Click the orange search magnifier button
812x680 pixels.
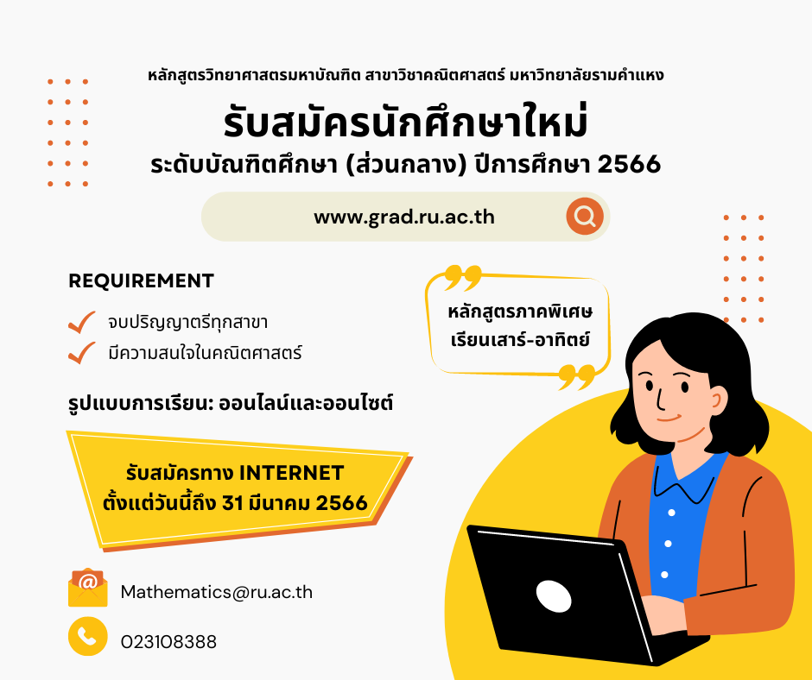pyautogui.click(x=585, y=217)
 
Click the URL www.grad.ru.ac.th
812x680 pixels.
pyautogui.click(x=404, y=217)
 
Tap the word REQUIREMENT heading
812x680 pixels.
pyautogui.click(x=141, y=280)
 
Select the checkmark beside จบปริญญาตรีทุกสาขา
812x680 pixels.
pyautogui.click(x=82, y=322)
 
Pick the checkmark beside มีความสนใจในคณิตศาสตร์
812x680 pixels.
pyautogui.click(x=82, y=353)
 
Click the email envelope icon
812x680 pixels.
pyautogui.click(x=87, y=588)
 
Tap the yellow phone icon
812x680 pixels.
pyautogui.click(x=87, y=637)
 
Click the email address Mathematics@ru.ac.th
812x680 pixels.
pyautogui.click(x=217, y=592)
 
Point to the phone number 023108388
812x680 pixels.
pyautogui.click(x=168, y=642)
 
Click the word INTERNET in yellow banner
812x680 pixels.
pyautogui.click(x=292, y=473)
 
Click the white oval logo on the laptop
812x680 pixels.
pyautogui.click(x=554, y=595)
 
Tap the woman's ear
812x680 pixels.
pyautogui.click(x=717, y=400)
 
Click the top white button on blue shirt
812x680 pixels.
pyautogui.click(x=671, y=513)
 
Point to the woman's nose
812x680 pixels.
pyautogui.click(x=660, y=399)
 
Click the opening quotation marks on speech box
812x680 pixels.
pyautogui.click(x=462, y=277)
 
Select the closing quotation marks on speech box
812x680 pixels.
pyautogui.click(x=576, y=377)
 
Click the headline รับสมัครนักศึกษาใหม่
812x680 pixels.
pyautogui.click(x=405, y=122)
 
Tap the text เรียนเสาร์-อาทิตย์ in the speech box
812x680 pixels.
pyautogui.click(x=520, y=340)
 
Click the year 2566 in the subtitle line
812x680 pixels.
pyautogui.click(x=629, y=164)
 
